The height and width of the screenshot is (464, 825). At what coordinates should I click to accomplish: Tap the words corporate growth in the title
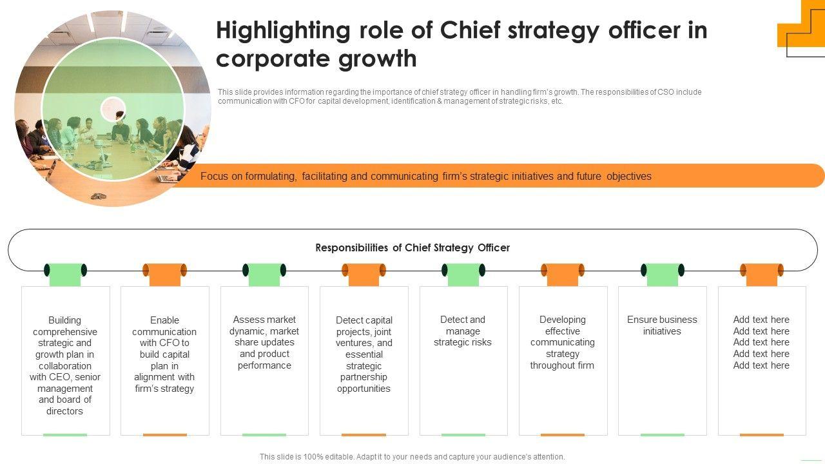(316, 59)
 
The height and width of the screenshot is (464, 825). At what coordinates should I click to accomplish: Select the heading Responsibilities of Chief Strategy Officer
(412, 247)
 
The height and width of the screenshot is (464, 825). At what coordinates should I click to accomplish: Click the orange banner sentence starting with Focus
(425, 176)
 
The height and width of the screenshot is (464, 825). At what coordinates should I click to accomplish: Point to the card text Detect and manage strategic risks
(463, 331)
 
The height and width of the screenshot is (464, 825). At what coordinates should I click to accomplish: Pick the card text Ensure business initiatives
(662, 325)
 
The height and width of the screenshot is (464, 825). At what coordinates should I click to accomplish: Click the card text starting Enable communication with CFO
(164, 354)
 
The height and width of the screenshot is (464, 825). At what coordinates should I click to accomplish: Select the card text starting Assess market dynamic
(264, 342)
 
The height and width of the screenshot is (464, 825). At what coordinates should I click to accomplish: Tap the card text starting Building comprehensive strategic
(65, 365)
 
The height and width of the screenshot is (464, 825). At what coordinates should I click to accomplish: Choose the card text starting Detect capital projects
(364, 354)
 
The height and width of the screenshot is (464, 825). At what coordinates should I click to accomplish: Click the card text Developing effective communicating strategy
(562, 342)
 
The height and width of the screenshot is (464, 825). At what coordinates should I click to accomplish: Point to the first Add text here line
(761, 320)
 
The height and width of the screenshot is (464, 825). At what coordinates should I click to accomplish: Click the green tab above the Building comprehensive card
(65, 274)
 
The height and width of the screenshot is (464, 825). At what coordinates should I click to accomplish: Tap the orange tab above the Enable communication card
(164, 274)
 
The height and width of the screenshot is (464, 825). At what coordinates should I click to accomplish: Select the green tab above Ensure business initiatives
(662, 274)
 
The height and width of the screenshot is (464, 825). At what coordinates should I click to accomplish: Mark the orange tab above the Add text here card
(761, 274)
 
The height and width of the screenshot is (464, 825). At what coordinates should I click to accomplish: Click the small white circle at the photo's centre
(113, 109)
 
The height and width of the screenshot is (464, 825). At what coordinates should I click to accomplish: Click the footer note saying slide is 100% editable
(412, 456)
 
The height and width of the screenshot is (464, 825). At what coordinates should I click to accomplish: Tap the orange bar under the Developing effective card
(562, 435)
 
